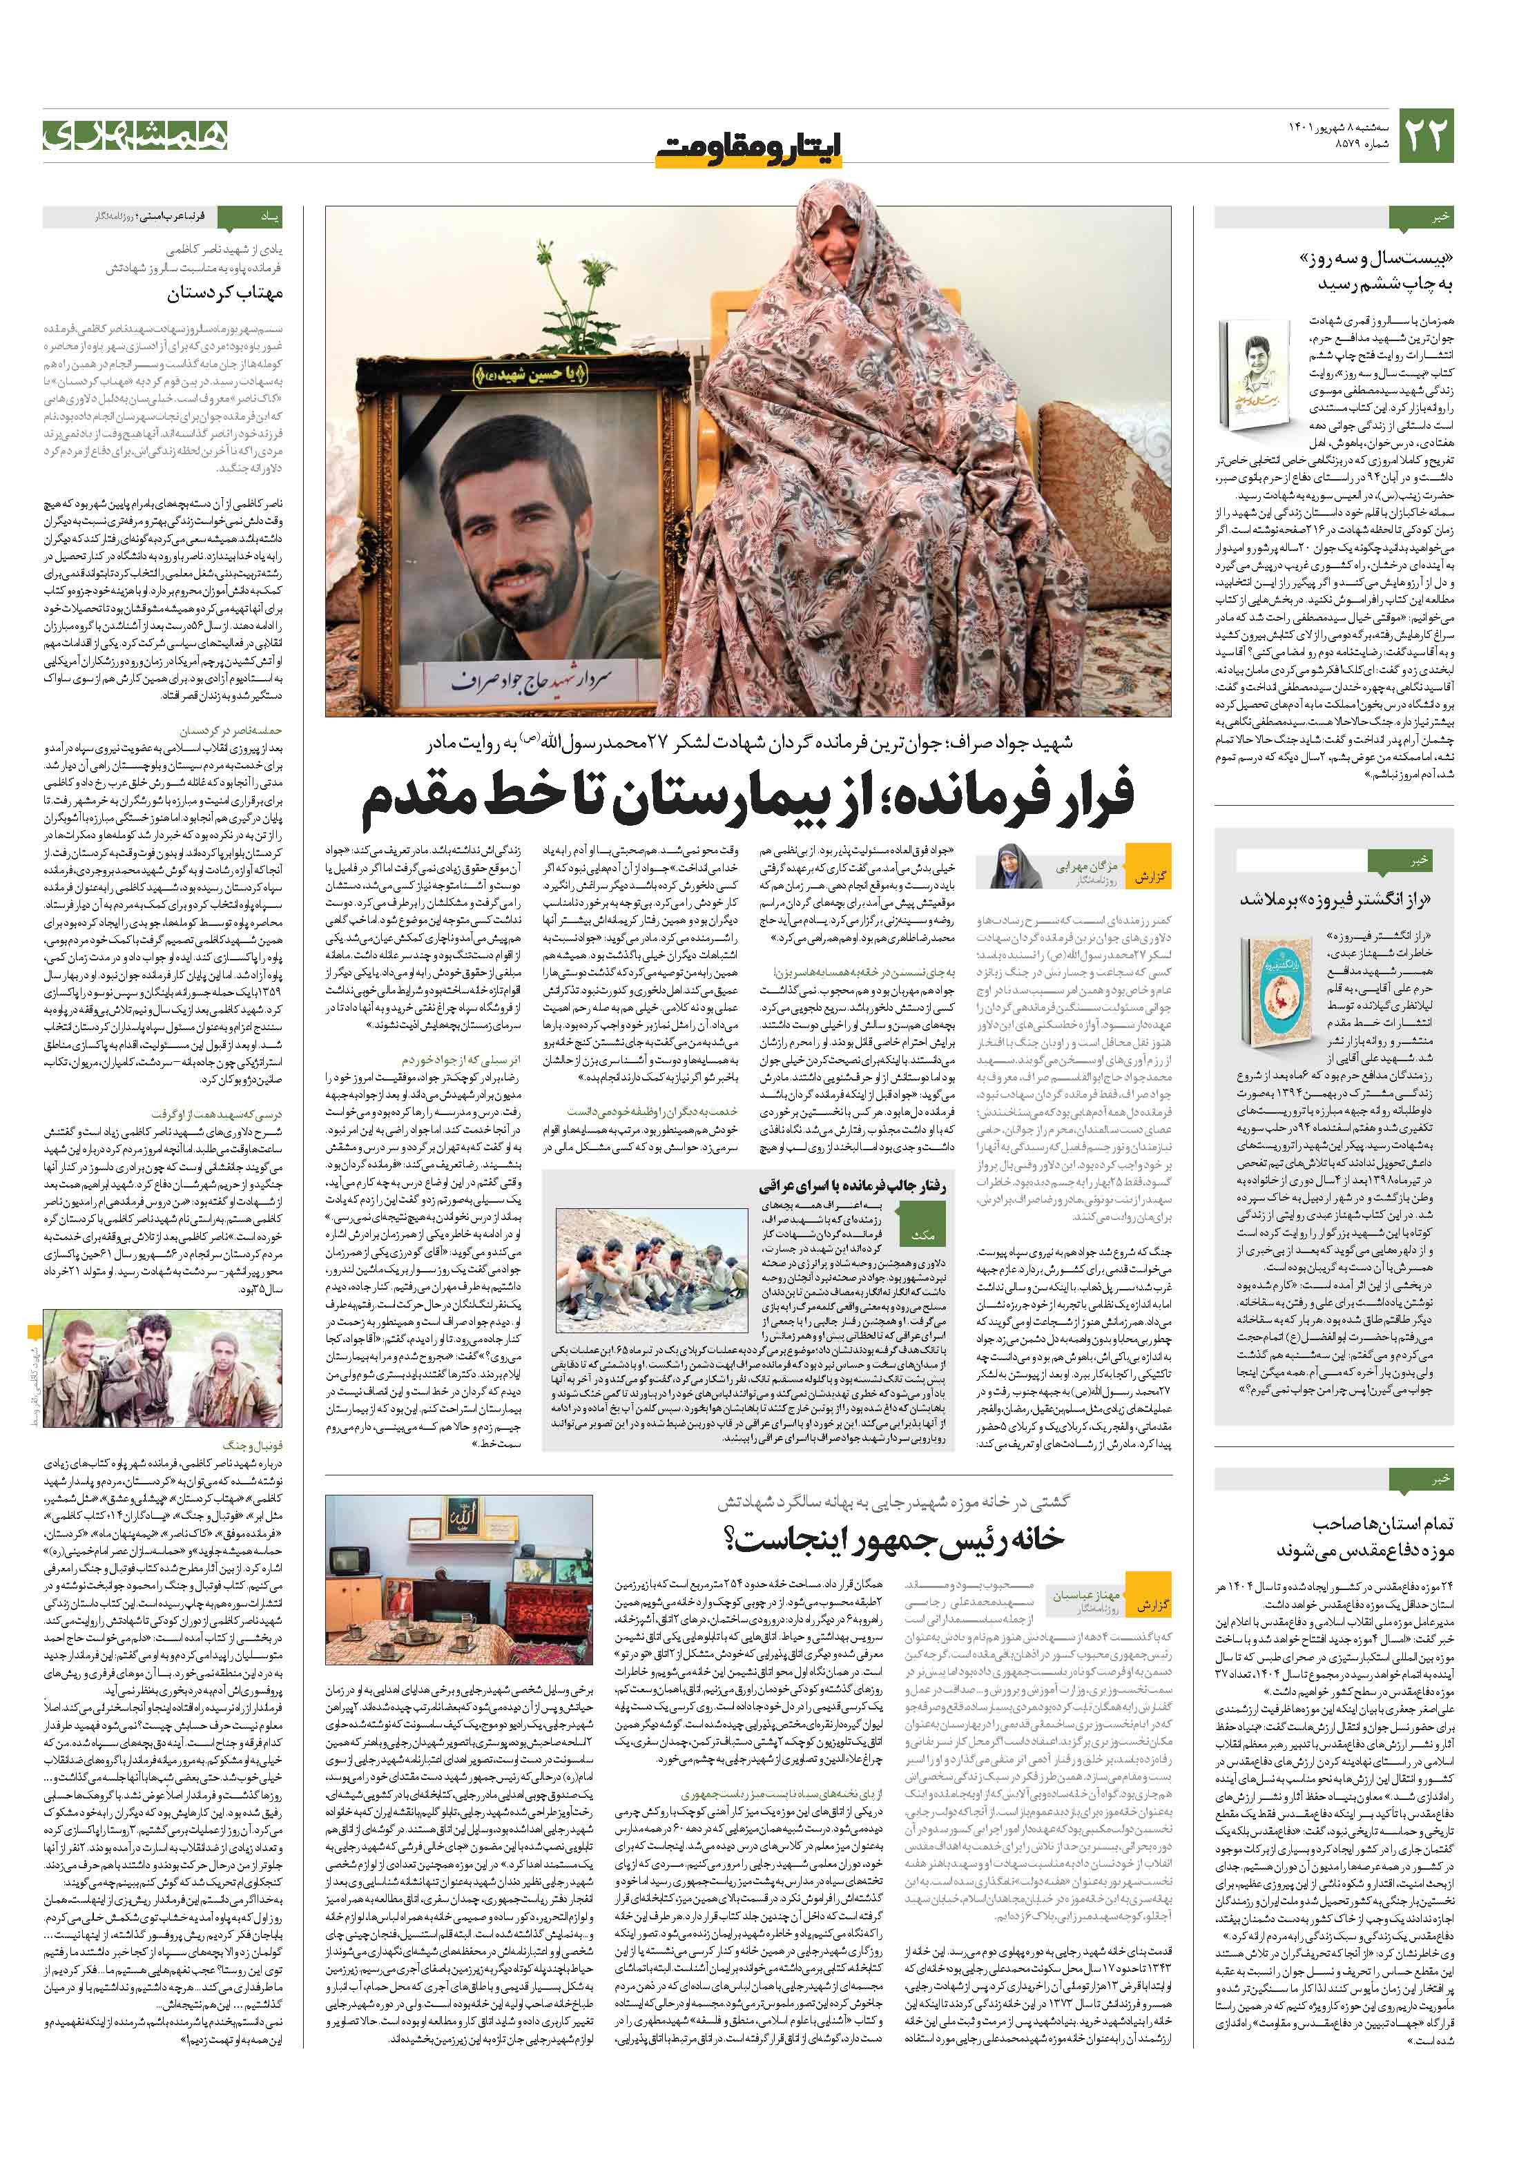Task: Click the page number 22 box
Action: [1425, 136]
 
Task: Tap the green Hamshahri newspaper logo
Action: [135, 135]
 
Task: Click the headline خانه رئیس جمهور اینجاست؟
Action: [893, 1540]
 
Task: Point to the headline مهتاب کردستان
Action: [225, 294]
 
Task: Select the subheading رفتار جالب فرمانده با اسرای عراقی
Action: [851, 1186]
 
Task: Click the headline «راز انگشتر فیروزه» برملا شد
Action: [1335, 899]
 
